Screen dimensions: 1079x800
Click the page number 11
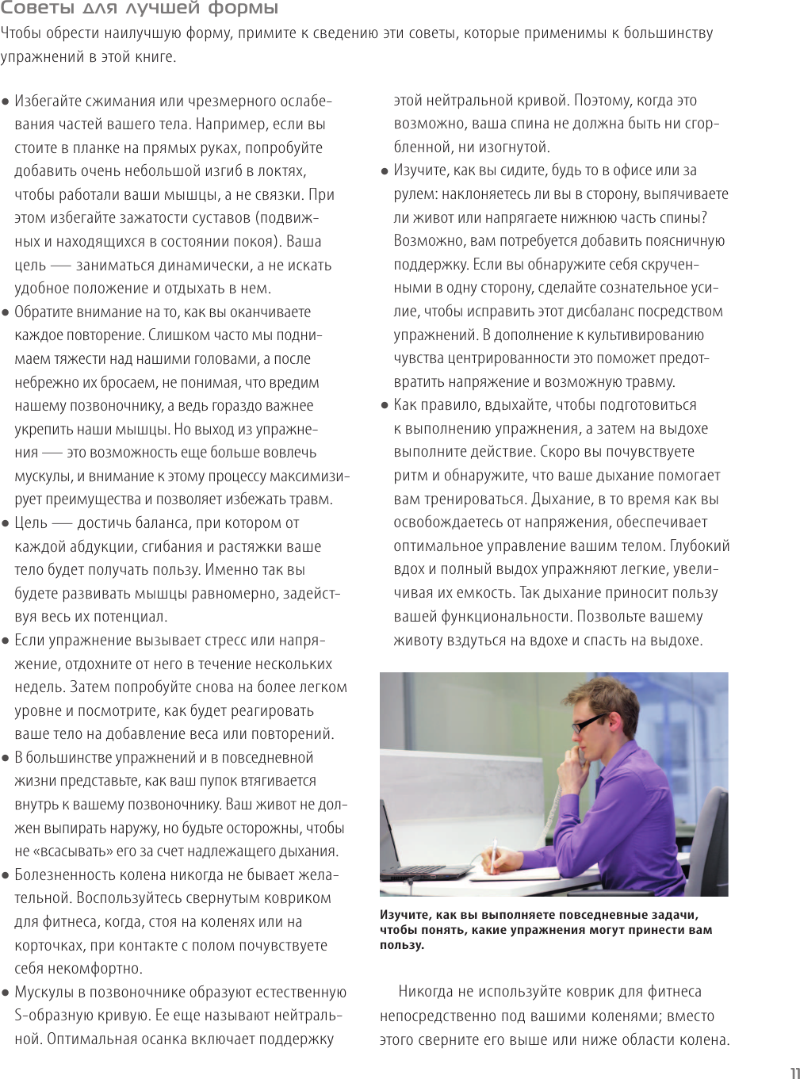(794, 1073)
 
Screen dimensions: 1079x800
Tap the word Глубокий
(699, 546)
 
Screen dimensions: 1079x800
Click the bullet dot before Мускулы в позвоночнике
(6, 993)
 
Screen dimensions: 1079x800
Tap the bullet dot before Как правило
(385, 405)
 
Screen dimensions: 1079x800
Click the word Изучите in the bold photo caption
(405, 915)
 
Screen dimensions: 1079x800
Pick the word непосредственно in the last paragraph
(441, 1016)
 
